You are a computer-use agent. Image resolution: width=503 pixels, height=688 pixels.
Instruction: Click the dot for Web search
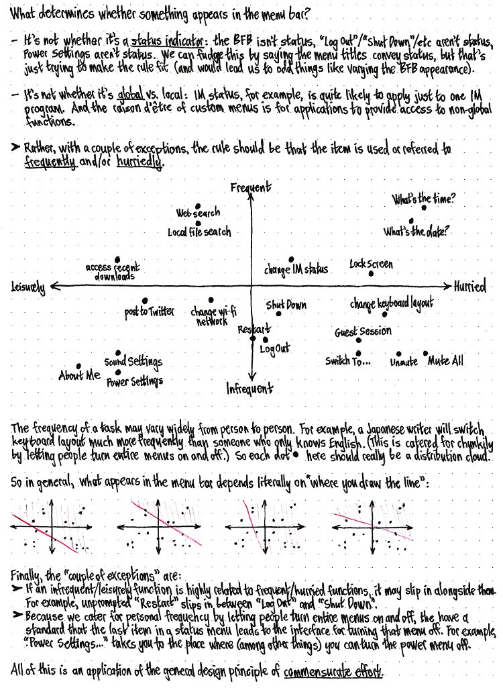coord(197,206)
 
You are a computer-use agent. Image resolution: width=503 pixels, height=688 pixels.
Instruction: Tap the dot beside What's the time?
coord(424,209)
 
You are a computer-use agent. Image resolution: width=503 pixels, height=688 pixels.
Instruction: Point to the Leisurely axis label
coord(28,287)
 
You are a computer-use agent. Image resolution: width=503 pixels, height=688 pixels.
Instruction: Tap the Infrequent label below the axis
coord(249,389)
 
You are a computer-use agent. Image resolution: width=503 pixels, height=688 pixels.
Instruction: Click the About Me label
coord(79,376)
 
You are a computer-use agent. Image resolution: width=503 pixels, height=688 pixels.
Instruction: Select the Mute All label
coord(445,361)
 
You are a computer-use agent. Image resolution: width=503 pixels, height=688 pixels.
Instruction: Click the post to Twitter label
coord(149,311)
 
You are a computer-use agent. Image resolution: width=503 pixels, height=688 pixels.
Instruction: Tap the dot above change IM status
coord(291,259)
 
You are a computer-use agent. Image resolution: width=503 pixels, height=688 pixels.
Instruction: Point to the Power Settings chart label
coord(134,381)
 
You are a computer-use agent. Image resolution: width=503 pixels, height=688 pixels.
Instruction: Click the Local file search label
coord(199,232)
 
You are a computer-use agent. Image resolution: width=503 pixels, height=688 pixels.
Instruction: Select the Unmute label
coord(403,362)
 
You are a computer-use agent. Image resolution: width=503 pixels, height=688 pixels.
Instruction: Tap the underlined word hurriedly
coord(140,163)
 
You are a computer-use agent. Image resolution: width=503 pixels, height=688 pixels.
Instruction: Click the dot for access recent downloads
coord(117,259)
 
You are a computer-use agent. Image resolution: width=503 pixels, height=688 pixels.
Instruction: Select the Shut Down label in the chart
coord(286,305)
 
